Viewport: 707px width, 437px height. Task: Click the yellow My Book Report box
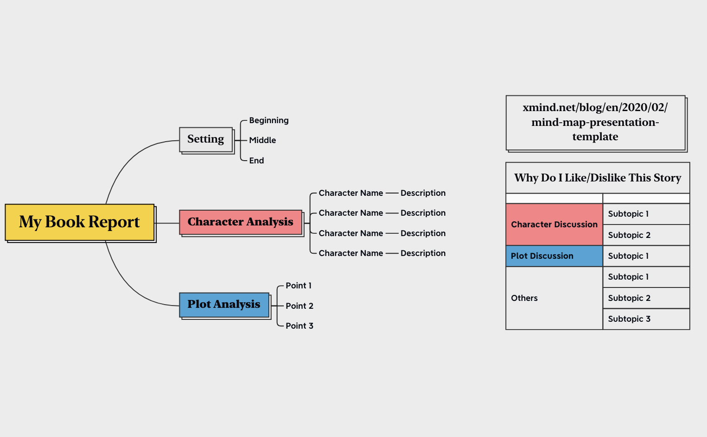tap(79, 222)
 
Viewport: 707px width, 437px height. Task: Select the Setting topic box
tap(206, 139)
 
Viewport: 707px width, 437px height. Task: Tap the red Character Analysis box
tap(241, 222)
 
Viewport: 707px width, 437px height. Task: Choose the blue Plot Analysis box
tap(224, 305)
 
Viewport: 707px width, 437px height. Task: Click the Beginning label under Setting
tap(269, 120)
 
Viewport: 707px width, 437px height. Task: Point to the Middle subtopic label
tap(262, 140)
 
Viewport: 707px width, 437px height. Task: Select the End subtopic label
tap(256, 161)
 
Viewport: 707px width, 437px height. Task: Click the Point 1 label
tap(299, 286)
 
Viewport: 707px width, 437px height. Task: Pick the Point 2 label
tap(299, 306)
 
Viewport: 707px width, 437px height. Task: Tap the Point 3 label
tap(299, 326)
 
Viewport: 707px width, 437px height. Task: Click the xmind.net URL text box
tap(595, 123)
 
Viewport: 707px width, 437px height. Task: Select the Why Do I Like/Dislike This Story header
tap(598, 178)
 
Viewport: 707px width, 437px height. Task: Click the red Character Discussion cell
tap(554, 225)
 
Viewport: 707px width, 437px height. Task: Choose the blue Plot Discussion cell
tap(554, 256)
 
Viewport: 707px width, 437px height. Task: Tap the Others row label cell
tap(554, 298)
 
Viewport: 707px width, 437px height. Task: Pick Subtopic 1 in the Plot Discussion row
tap(646, 256)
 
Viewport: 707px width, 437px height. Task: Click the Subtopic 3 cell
tap(646, 319)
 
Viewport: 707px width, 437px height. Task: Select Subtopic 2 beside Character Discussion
tap(646, 235)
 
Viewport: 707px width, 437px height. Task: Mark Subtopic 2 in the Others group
tap(646, 298)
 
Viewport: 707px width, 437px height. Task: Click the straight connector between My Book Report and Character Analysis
tap(167, 223)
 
